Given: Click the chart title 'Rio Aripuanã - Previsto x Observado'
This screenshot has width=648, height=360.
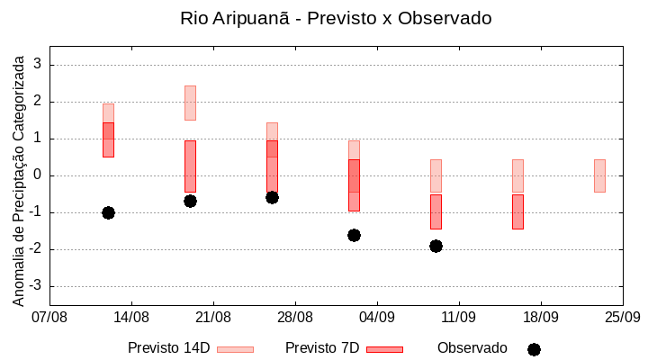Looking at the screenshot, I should [336, 18].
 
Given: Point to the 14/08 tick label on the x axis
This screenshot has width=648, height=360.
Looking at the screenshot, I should [131, 317].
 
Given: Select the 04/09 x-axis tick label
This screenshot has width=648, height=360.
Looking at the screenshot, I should [376, 317].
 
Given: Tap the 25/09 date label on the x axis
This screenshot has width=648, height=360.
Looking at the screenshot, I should [622, 317].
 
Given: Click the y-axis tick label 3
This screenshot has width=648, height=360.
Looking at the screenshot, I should [38, 65].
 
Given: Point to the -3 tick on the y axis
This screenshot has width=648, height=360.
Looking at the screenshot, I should [35, 286].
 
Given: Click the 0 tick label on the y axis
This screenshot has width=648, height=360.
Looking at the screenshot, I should [38, 175].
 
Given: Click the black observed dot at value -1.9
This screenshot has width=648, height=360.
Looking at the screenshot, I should [436, 246].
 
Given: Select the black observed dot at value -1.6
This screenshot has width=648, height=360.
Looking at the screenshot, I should [354, 235].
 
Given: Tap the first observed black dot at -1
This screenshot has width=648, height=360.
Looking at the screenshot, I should [108, 212].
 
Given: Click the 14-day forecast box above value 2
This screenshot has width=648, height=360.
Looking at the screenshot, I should [190, 103].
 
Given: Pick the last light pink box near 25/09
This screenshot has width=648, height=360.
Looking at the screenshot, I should [599, 175].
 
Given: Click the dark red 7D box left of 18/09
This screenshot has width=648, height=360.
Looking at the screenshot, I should [517, 211].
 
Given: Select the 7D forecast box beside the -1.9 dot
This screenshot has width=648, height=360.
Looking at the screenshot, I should [436, 211].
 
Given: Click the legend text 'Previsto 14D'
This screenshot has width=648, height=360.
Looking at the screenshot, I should [169, 348].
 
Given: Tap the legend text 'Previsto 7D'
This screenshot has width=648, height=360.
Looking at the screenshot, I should [322, 348].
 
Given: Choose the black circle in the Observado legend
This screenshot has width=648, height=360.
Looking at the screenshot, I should [534, 349].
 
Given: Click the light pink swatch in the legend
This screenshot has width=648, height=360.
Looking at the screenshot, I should [235, 349].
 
